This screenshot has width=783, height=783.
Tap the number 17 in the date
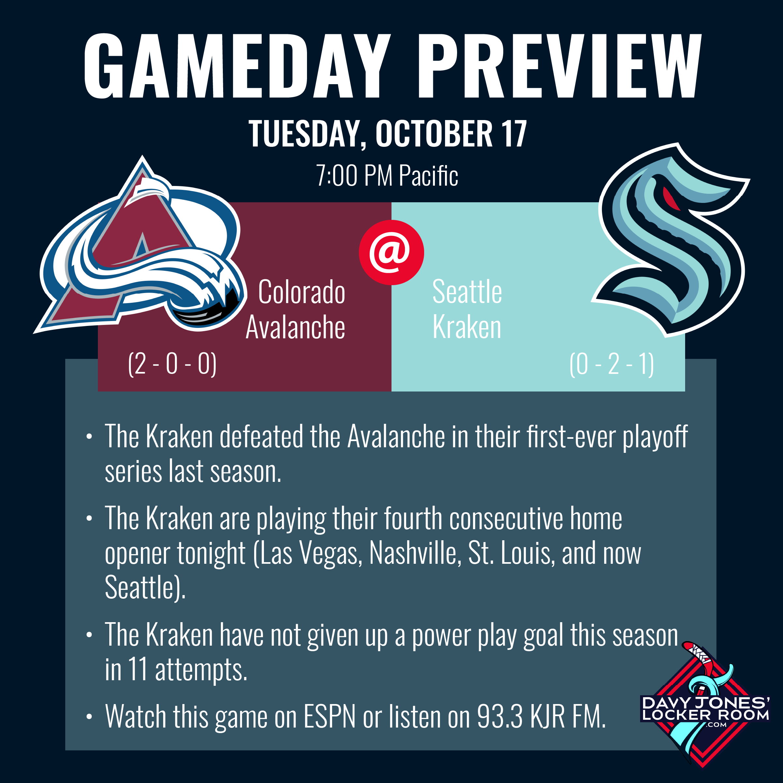[x=514, y=133]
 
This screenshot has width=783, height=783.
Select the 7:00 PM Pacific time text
[x=387, y=176]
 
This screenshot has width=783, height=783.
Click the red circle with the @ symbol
[x=391, y=252]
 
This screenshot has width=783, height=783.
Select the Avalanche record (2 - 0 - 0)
[x=172, y=364]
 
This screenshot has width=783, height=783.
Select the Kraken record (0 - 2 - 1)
[x=612, y=364]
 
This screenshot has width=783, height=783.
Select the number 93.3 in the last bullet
[x=500, y=716]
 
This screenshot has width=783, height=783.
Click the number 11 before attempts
[x=137, y=669]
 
